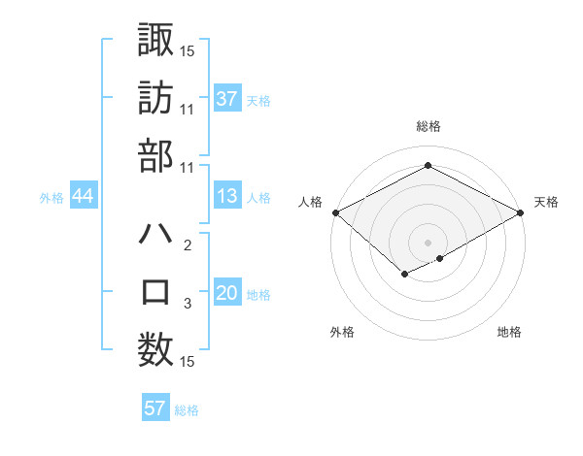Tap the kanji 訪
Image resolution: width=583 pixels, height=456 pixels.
click(155, 97)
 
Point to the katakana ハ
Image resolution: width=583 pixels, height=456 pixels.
click(155, 234)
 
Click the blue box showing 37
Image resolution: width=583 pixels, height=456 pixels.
click(227, 98)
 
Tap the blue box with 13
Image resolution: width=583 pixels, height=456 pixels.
click(227, 196)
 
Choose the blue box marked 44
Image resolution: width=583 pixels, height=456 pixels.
click(84, 196)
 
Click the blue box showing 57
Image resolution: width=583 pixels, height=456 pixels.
click(155, 408)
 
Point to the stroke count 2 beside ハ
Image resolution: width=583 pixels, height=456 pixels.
click(188, 246)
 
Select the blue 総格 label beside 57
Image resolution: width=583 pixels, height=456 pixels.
click(187, 410)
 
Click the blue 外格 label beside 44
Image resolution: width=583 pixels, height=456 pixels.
click(51, 197)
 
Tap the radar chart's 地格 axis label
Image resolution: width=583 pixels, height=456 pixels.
click(509, 333)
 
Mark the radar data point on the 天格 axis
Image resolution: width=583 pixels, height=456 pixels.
click(522, 212)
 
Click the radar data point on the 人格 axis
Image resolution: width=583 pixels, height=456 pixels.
click(334, 212)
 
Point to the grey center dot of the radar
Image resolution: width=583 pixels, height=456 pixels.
click(428, 242)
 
